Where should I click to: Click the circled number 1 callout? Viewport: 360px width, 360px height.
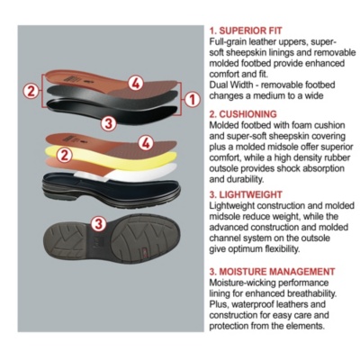[x=192, y=100]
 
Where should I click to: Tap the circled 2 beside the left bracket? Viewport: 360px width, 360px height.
[x=31, y=91]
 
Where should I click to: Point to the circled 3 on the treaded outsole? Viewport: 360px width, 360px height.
[x=99, y=223]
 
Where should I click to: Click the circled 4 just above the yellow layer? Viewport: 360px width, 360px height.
[x=146, y=142]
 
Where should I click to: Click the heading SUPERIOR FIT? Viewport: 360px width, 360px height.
[x=246, y=31]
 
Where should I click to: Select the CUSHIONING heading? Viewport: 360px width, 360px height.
[x=243, y=114]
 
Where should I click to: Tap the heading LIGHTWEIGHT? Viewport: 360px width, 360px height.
[x=246, y=194]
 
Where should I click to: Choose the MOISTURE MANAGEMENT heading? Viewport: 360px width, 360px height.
[x=272, y=272]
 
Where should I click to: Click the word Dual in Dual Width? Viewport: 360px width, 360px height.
[x=218, y=85]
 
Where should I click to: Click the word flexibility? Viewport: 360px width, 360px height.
[x=283, y=249]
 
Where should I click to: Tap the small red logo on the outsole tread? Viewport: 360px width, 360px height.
[x=145, y=251]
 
